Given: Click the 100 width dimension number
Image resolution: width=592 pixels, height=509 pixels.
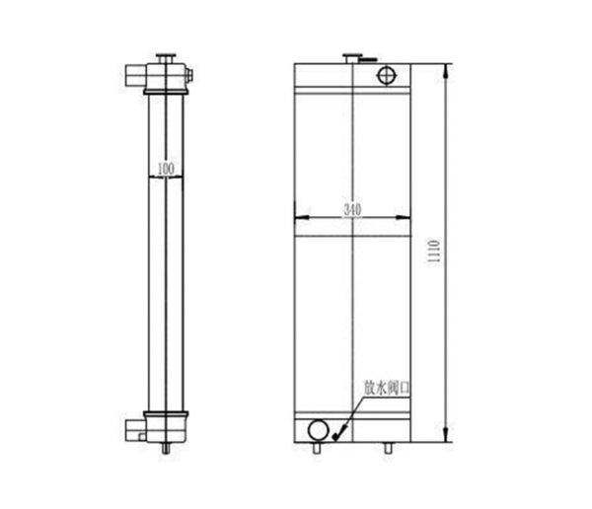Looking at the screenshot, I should (x=166, y=170).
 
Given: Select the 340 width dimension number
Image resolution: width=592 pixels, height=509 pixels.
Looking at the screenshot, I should (x=352, y=209).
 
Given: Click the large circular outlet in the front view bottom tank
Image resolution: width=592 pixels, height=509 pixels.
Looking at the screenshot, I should (x=318, y=430).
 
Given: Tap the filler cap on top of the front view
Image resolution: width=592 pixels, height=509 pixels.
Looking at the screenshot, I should (x=351, y=58).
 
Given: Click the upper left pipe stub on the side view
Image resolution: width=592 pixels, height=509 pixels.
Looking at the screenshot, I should (x=134, y=74).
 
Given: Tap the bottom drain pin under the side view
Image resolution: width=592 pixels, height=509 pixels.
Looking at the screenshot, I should (x=166, y=449).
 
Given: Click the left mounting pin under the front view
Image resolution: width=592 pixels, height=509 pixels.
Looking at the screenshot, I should (x=317, y=448).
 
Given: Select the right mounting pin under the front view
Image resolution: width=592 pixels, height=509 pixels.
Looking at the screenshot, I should (x=388, y=448).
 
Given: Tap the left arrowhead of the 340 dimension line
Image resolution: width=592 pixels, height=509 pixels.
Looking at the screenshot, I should (x=299, y=215).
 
